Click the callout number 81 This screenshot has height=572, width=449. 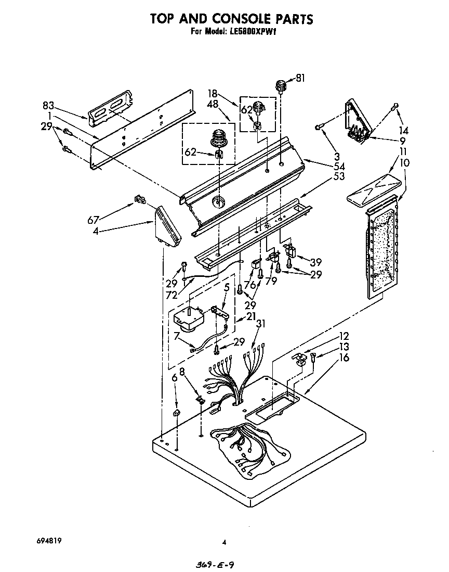(x=300, y=79)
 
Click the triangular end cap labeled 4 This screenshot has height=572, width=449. (x=168, y=227)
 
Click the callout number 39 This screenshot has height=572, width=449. (x=316, y=262)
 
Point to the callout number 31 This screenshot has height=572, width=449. (x=261, y=324)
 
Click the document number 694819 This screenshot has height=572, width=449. (x=50, y=541)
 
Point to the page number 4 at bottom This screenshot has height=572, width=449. (x=224, y=542)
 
